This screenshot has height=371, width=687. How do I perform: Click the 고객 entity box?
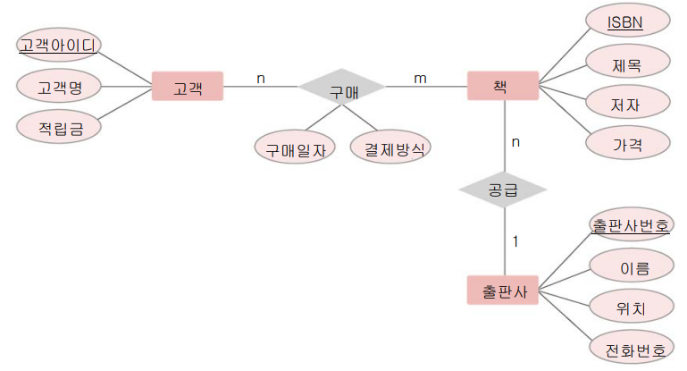tap(188, 87)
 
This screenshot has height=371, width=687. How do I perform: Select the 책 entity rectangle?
tap(502, 87)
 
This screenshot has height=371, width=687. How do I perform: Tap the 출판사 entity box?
tap(502, 291)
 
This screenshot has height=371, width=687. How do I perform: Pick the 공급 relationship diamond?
tap(502, 190)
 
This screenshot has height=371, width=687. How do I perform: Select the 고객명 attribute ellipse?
tap(59, 87)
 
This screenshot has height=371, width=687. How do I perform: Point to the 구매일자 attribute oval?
tap(294, 147)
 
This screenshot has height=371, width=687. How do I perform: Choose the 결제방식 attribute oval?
tap(390, 147)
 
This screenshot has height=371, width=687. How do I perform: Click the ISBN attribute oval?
tap(626, 21)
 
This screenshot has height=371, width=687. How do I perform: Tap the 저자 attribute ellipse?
tap(626, 103)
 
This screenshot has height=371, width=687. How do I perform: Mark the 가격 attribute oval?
tap(626, 142)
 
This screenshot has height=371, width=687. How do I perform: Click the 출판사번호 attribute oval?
tap(631, 225)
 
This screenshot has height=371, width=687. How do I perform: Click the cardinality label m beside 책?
tap(420, 78)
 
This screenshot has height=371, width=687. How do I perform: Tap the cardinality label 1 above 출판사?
tap(515, 240)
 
